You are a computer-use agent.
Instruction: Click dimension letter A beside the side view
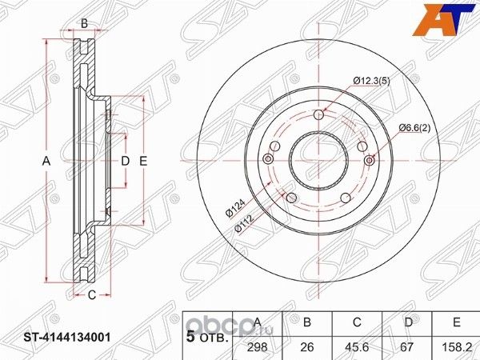coord(46,162)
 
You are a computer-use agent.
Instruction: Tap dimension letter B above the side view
coord(84,24)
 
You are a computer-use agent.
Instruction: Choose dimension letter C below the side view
coord(92,295)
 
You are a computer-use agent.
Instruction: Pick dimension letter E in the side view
coord(143,162)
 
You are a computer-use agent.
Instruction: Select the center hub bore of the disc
coord(319,160)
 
